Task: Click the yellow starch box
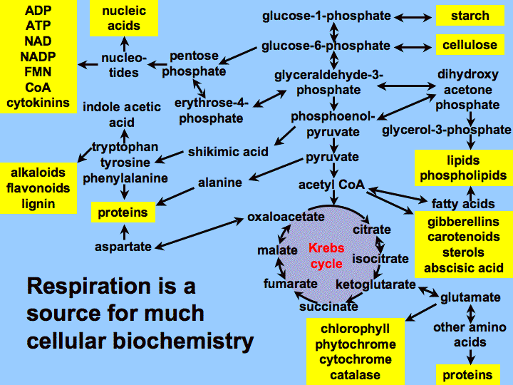coord(470,16)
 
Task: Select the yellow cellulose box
coord(470,44)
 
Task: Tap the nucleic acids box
coord(124,18)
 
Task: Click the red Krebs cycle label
coord(326,256)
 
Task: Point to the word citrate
coord(372,229)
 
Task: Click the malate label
coord(277,250)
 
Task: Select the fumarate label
coord(291,284)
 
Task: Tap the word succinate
coord(328,307)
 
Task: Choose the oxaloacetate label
coord(286,217)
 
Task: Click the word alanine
coord(220,183)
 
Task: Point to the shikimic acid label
coord(228,152)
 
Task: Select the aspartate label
coord(123,247)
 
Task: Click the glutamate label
coord(470,297)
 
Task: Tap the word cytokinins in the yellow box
coord(38,103)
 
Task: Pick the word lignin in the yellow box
coord(38,204)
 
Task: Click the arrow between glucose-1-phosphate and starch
coord(413,17)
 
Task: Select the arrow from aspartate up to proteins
coord(124,232)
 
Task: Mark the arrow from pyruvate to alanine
coord(276,170)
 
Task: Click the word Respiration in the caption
coord(88,287)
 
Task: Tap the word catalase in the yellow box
coord(356,375)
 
